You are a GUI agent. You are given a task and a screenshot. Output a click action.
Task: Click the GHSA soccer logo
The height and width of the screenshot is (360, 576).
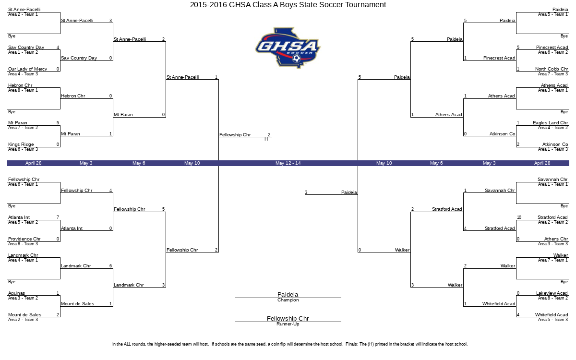pos(288,48)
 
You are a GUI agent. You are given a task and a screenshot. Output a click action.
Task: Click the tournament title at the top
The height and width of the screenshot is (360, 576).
pos(288,5)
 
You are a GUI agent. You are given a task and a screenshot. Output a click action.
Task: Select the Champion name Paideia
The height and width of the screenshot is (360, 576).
pos(288,294)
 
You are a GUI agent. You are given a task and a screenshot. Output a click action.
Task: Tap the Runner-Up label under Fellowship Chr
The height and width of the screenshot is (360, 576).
pos(288,324)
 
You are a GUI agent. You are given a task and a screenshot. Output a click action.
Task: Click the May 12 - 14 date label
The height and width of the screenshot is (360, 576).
pos(288,163)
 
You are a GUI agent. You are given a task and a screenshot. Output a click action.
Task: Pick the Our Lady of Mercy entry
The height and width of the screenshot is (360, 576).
pos(27,69)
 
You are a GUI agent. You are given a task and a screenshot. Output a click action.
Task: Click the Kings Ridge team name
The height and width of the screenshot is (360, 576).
pos(21,144)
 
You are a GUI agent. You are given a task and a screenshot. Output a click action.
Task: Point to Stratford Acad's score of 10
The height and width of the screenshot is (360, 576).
pos(519,217)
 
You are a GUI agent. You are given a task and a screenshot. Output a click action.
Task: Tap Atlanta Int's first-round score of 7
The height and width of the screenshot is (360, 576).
pos(58,217)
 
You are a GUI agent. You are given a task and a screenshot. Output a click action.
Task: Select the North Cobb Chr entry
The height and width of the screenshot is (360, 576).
pos(552,69)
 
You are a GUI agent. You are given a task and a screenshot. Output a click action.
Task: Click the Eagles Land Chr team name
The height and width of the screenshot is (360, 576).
pos(550,123)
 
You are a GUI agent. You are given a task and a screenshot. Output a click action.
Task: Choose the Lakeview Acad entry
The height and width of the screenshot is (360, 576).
pos(552,293)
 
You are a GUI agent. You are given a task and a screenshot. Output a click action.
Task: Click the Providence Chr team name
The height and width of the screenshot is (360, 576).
pos(24,239)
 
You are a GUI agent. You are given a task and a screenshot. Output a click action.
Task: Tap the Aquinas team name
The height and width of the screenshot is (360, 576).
pos(16,293)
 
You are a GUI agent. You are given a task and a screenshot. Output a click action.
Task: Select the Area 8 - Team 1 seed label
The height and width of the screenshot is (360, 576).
pos(23,90)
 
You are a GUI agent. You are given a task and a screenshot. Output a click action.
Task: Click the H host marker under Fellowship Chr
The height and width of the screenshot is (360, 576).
pos(266,139)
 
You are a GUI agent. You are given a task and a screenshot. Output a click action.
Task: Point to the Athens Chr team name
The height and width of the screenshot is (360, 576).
pos(556,239)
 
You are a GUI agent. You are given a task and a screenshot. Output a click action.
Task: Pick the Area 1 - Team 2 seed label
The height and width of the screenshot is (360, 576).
pos(23,52)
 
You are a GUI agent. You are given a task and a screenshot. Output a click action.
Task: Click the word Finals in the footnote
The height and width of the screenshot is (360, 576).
pos(351,344)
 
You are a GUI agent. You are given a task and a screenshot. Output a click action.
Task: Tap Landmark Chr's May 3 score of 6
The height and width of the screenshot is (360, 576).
pos(110,266)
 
